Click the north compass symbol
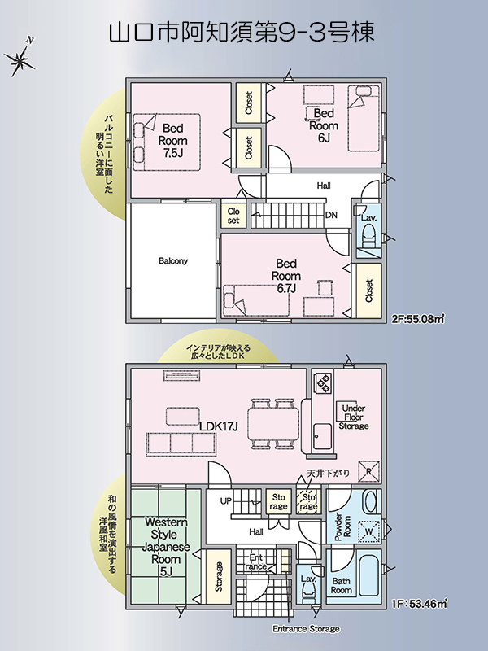(19, 59)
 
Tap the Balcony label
(173, 261)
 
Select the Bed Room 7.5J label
(172, 140)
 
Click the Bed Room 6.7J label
(286, 276)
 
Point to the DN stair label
(331, 215)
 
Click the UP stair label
(226, 501)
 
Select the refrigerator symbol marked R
(368, 471)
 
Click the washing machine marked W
(368, 532)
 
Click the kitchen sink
(322, 436)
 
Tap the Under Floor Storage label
(354, 417)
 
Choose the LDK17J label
(218, 426)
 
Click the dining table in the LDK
(273, 423)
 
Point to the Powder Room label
(342, 527)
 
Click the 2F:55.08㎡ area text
(418, 319)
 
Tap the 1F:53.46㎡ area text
(419, 603)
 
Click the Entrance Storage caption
(307, 629)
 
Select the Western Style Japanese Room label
(166, 546)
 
